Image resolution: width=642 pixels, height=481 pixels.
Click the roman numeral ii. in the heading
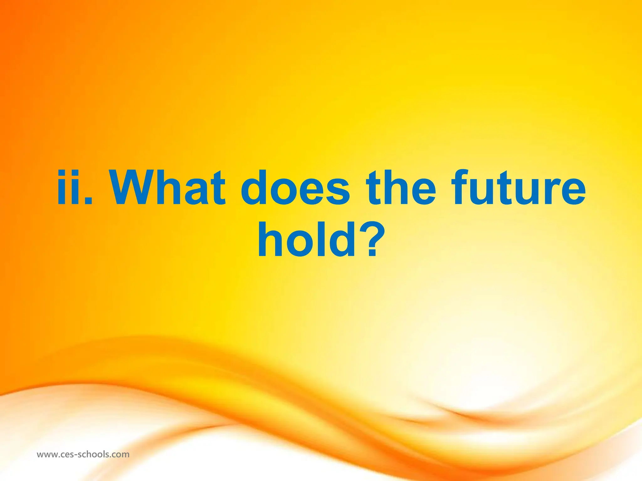coord(75,188)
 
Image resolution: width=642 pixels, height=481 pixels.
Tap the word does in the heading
coord(295,188)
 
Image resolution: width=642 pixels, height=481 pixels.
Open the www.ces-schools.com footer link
coord(83,454)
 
